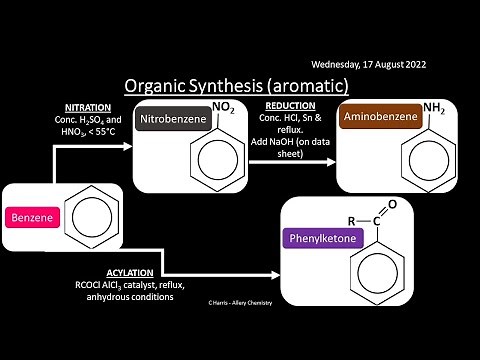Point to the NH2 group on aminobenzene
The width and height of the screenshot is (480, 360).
pyautogui.click(x=433, y=107)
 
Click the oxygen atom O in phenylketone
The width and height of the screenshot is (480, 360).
pyautogui.click(x=393, y=204)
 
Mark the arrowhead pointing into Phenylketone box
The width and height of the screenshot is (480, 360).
pyautogui.click(x=276, y=271)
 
